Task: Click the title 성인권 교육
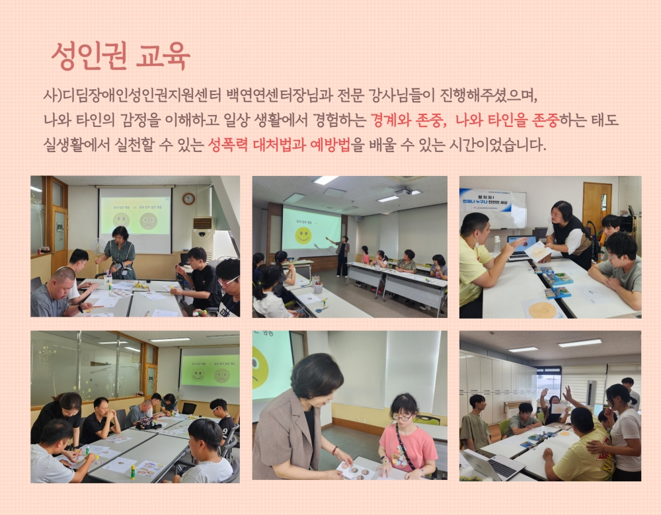click(x=120, y=56)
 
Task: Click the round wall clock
click(x=188, y=198)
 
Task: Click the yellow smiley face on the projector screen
click(x=304, y=235)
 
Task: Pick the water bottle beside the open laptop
click(x=497, y=244)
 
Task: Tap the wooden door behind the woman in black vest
click(x=597, y=205)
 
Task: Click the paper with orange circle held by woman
click(x=539, y=251)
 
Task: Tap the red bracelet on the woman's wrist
click(x=334, y=450)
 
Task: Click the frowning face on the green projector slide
click(x=221, y=375)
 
